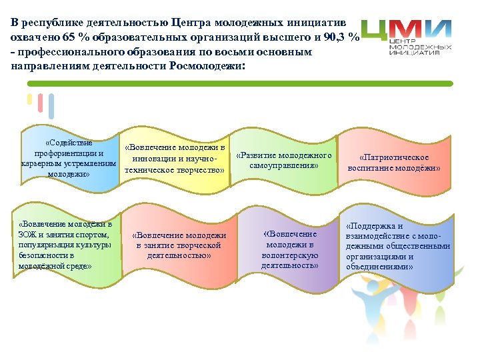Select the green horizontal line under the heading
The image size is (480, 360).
pos(240,83)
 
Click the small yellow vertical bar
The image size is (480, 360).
pos(29,99)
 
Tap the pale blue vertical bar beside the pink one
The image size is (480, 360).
pos(51,106)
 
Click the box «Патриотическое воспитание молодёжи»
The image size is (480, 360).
pos(394,163)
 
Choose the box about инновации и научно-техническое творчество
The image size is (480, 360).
pos(175,159)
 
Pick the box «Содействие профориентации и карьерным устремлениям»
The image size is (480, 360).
pos(69,159)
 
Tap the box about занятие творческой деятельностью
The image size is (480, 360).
pos(179,245)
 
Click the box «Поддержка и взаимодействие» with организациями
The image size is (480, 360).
pos(397,246)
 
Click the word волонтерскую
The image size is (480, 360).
pos(290,255)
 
